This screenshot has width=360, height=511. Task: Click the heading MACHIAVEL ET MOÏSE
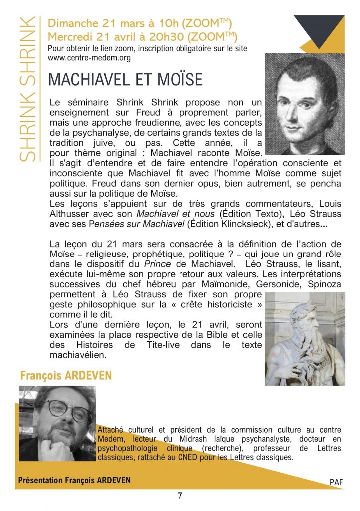[x=126, y=79]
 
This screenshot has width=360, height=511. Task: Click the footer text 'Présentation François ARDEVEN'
[x=74, y=480]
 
